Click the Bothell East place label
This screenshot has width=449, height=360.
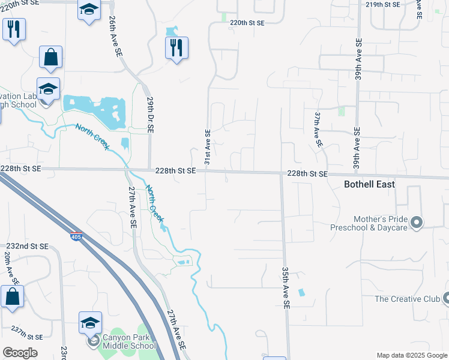point(369,184)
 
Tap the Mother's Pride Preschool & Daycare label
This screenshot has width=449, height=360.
point(369,223)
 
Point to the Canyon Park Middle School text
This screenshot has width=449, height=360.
point(129,341)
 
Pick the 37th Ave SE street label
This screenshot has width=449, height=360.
point(318,128)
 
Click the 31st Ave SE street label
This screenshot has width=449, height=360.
point(207,146)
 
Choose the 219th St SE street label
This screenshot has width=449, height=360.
point(382,4)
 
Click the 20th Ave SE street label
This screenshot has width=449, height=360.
point(9,268)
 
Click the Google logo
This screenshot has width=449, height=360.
point(20,353)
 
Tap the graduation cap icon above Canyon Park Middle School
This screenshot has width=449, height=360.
point(90,323)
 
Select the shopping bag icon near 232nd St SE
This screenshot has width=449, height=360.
point(12,296)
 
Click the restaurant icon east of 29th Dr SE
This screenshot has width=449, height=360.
point(176,48)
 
